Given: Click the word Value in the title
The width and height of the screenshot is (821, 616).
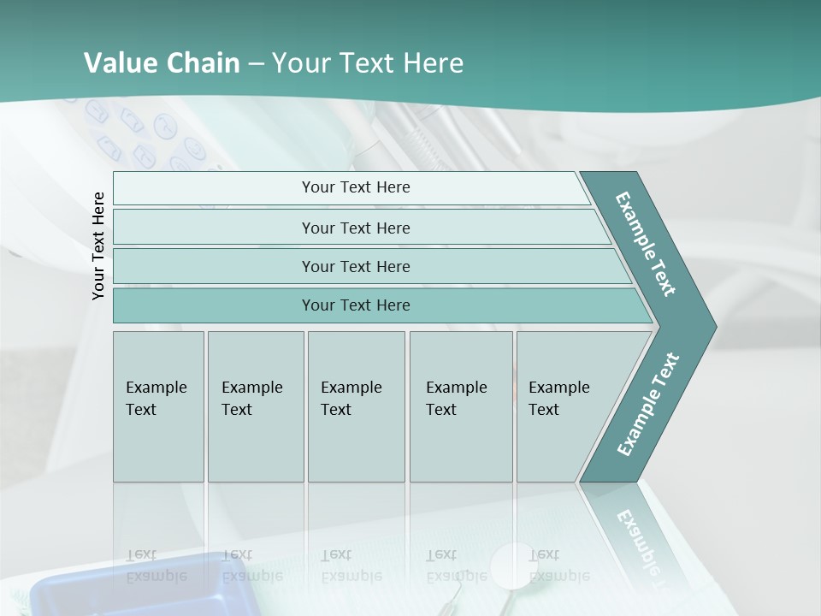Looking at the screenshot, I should [119, 63].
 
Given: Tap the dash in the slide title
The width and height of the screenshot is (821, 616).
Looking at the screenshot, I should [256, 64].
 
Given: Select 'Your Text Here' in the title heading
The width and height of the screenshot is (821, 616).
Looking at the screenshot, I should [367, 63].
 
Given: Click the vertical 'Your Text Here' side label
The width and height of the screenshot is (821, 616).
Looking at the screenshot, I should [98, 246].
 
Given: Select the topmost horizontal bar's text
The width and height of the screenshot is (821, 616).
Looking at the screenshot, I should [356, 187].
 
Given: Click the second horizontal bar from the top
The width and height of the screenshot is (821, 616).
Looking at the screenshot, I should [356, 228].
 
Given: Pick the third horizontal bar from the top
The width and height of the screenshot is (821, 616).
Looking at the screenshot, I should [356, 266].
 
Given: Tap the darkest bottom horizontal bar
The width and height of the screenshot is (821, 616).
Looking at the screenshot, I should [356, 305].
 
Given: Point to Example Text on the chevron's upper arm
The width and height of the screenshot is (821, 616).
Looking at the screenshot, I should [646, 244].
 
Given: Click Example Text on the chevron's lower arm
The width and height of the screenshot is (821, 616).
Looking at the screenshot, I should [648, 405].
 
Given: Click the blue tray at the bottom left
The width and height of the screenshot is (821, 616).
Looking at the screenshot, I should [128, 590].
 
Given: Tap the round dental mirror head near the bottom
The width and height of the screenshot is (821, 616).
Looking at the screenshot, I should [511, 566].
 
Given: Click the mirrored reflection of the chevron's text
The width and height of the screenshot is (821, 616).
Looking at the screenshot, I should [638, 539].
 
